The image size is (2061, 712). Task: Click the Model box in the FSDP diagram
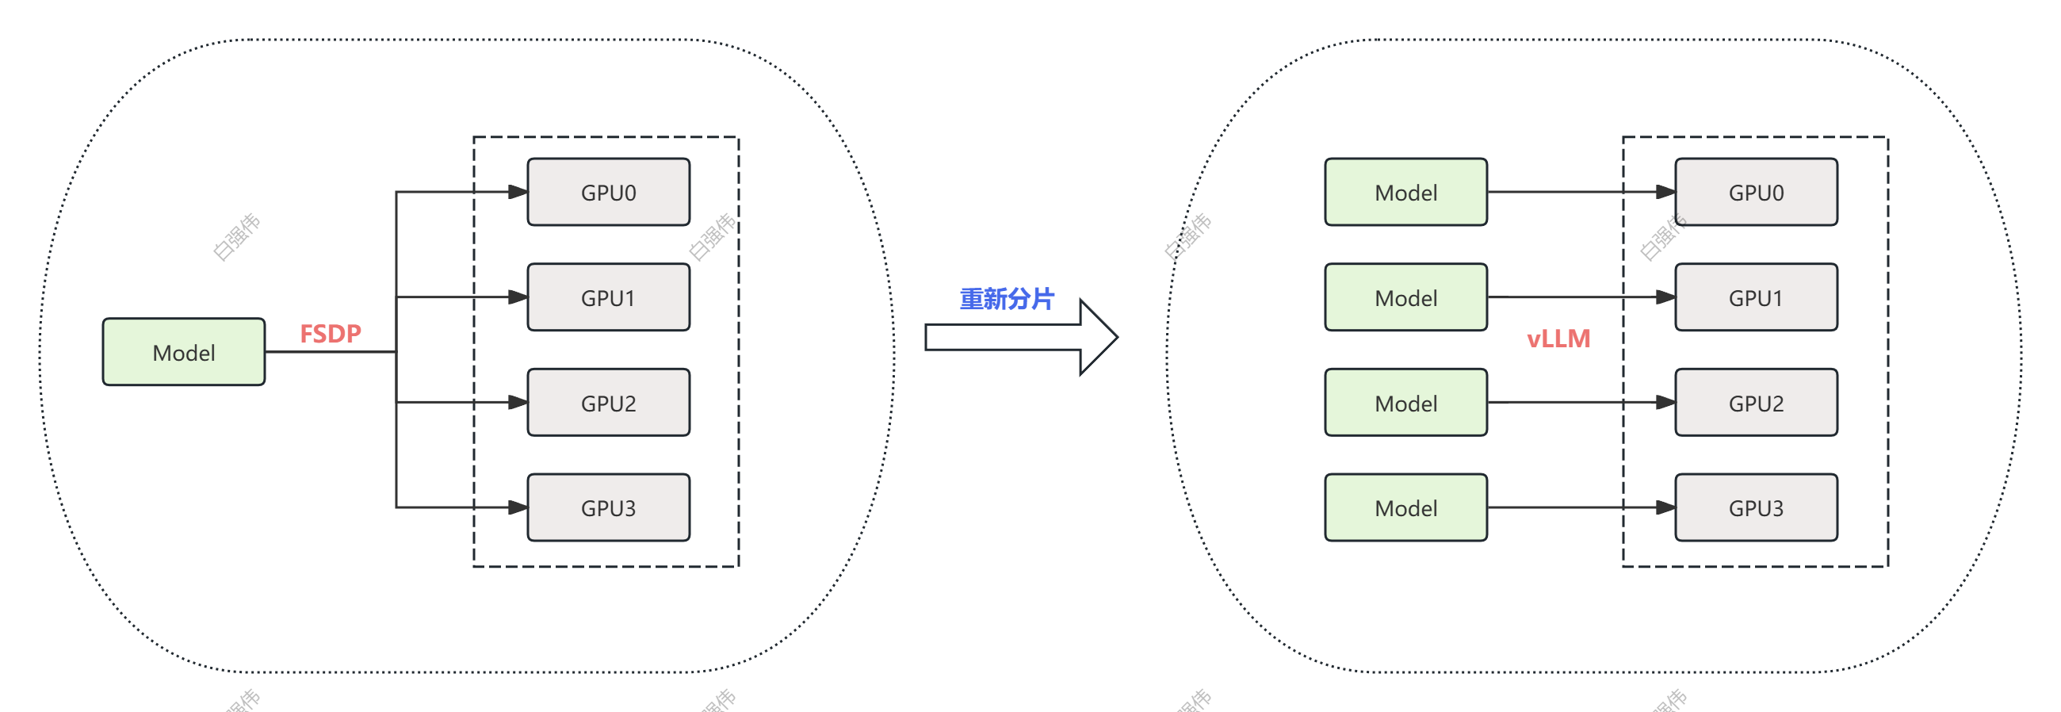pyautogui.click(x=183, y=352)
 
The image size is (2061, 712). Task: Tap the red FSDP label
pyautogui.click(x=331, y=333)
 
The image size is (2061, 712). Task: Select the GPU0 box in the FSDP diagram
pyautogui.click(x=608, y=192)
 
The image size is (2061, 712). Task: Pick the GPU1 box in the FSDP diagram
pyautogui.click(x=608, y=297)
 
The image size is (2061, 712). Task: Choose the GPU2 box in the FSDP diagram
pyautogui.click(x=608, y=403)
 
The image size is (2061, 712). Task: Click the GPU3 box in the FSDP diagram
pyautogui.click(x=608, y=508)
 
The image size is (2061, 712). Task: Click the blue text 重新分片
pyautogui.click(x=1007, y=299)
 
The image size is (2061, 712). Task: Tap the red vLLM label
pyautogui.click(x=1558, y=339)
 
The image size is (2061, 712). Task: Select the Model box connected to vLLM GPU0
pyautogui.click(x=1405, y=192)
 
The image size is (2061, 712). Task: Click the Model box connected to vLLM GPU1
pyautogui.click(x=1405, y=297)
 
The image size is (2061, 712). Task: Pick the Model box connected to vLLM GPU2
pyautogui.click(x=1405, y=403)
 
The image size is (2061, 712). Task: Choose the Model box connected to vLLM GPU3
pyautogui.click(x=1405, y=508)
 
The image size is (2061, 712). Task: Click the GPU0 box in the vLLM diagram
pyautogui.click(x=1755, y=192)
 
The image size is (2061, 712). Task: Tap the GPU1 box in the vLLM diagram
pyautogui.click(x=1755, y=297)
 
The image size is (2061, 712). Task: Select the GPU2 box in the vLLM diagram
pyautogui.click(x=1755, y=403)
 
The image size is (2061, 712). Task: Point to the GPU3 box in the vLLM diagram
pyautogui.click(x=1755, y=508)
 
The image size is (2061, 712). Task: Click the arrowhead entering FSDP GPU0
pyautogui.click(x=518, y=192)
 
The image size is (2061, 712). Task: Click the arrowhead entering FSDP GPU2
pyautogui.click(x=518, y=403)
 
